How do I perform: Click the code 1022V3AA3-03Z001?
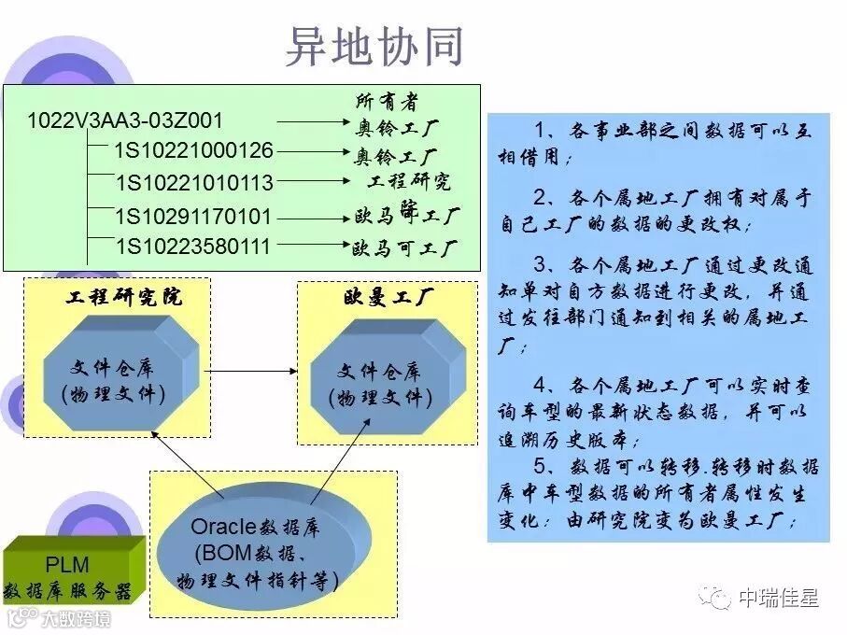125,120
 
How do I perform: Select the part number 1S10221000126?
194,150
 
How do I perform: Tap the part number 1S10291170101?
193,217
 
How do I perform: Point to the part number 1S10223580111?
193,247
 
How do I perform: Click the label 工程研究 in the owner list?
409,180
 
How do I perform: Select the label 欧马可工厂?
404,248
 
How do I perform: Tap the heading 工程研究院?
124,298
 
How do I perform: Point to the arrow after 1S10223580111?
312,247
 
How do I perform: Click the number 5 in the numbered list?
539,465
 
